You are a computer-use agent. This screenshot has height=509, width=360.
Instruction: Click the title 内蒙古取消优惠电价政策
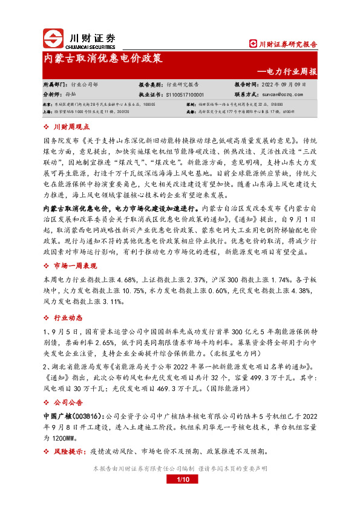coord(103,59)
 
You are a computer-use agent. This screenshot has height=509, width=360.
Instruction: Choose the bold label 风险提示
coord(72,452)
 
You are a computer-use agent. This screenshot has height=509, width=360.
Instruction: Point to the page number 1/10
coord(180,479)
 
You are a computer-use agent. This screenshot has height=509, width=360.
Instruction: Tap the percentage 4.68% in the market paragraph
coord(130,280)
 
